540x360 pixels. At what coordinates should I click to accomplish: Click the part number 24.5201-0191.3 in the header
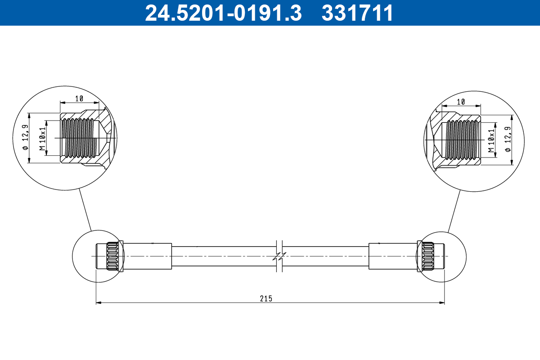(x=223, y=13)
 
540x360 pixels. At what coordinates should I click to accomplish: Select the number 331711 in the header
(x=357, y=13)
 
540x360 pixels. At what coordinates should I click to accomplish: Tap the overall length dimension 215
(x=266, y=298)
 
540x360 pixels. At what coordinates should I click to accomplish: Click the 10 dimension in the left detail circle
(x=79, y=98)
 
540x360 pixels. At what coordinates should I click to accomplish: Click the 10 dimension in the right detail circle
(x=460, y=102)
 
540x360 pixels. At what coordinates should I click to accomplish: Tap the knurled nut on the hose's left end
(x=114, y=256)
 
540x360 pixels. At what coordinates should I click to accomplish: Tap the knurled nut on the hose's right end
(x=426, y=256)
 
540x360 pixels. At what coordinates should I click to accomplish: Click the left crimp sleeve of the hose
(x=147, y=256)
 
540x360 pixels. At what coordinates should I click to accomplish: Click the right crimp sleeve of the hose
(x=393, y=256)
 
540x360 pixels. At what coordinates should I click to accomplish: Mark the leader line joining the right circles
(x=454, y=210)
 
